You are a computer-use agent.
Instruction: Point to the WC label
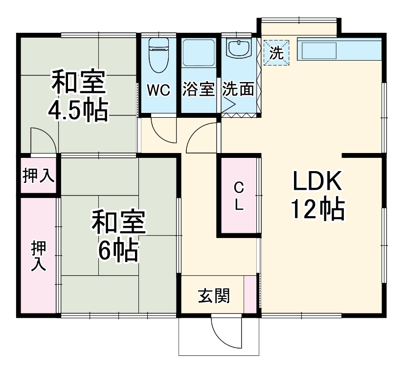coord(158,90)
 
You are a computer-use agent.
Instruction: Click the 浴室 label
coord(199,90)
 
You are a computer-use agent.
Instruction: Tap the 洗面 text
coord(238,90)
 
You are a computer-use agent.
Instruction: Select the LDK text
coord(316,182)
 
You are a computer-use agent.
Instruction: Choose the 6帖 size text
coord(118,251)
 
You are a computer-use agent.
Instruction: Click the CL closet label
coord(238,196)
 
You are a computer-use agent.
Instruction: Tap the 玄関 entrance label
coord(214,295)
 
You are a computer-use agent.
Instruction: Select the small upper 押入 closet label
coord(39,176)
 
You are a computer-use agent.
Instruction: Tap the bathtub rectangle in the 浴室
coord(199,53)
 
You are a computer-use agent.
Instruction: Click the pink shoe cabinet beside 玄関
coord(249,293)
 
